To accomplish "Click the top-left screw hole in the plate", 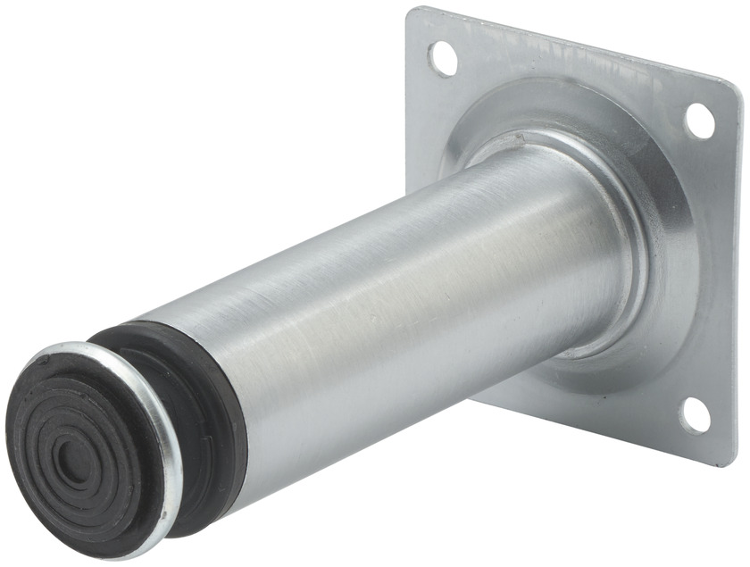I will coord(443,58).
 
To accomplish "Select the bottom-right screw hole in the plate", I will coord(696,415).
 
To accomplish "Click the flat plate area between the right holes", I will coord(705,268).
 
